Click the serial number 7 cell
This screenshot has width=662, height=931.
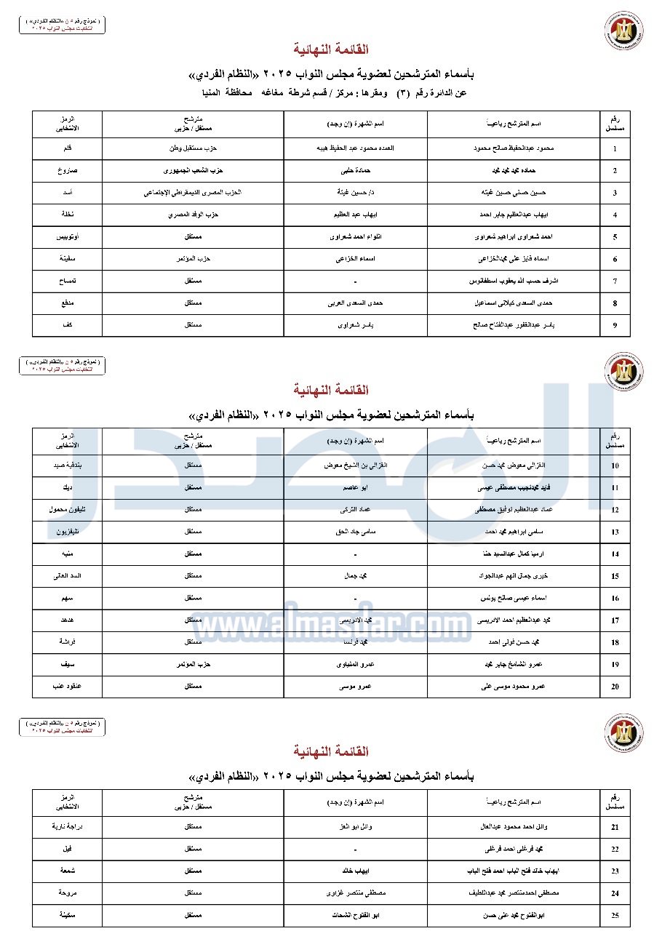615,281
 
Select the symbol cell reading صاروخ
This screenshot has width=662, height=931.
68,171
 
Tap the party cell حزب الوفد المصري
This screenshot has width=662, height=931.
193,215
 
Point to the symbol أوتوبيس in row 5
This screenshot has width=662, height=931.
68,237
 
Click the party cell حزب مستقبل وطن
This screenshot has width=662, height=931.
193,148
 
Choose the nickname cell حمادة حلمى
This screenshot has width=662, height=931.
355,171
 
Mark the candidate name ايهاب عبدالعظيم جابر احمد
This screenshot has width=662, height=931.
514,215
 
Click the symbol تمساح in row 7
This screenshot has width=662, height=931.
68,281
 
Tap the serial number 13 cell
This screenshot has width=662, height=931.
615,532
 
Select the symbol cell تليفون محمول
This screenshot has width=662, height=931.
68,510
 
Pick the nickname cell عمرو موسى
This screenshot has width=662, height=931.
355,686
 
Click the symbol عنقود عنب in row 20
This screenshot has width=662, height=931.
68,686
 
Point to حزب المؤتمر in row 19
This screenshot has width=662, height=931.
193,664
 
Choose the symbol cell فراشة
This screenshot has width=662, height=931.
68,642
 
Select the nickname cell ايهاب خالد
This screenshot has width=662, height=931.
355,871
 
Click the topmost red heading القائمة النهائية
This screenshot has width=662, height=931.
331,49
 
